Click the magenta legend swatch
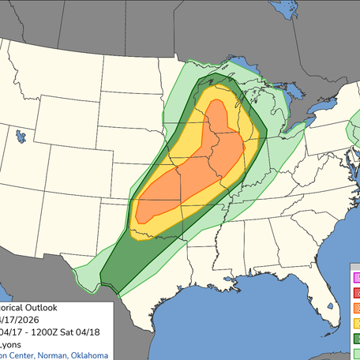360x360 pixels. tap(356, 278)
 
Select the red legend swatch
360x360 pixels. tap(356, 293)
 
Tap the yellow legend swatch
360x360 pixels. tap(356, 323)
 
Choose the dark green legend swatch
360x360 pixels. tap(356, 338)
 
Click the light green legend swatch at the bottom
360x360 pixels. tap(356, 353)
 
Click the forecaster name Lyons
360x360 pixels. tap(11, 344)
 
